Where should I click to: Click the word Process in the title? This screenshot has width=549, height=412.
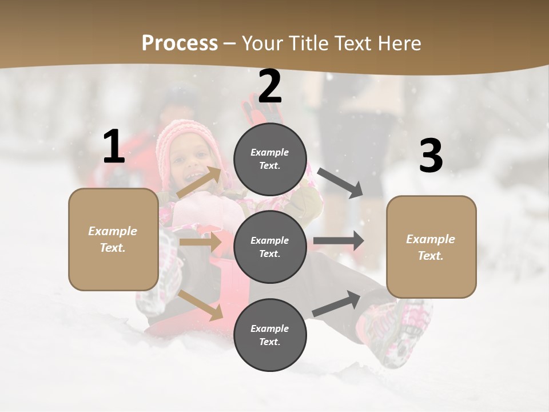click(x=180, y=43)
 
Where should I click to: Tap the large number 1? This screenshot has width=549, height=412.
click(x=114, y=147)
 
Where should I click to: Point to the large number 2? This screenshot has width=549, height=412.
click(x=270, y=86)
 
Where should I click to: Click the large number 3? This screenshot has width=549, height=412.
click(x=431, y=156)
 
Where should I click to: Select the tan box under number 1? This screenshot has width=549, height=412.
click(x=113, y=239)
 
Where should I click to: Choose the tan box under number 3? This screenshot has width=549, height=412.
click(x=431, y=247)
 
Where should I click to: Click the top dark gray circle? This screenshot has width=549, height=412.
click(x=270, y=159)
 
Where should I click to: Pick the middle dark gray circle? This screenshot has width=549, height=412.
click(x=270, y=247)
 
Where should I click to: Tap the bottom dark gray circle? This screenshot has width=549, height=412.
click(x=270, y=335)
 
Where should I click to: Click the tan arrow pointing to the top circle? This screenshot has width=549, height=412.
click(x=200, y=182)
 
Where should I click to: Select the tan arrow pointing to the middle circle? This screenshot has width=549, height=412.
click(x=200, y=241)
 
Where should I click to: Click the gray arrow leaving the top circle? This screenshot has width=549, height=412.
click(x=340, y=183)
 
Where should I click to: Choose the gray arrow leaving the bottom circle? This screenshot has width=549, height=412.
click(x=337, y=303)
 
